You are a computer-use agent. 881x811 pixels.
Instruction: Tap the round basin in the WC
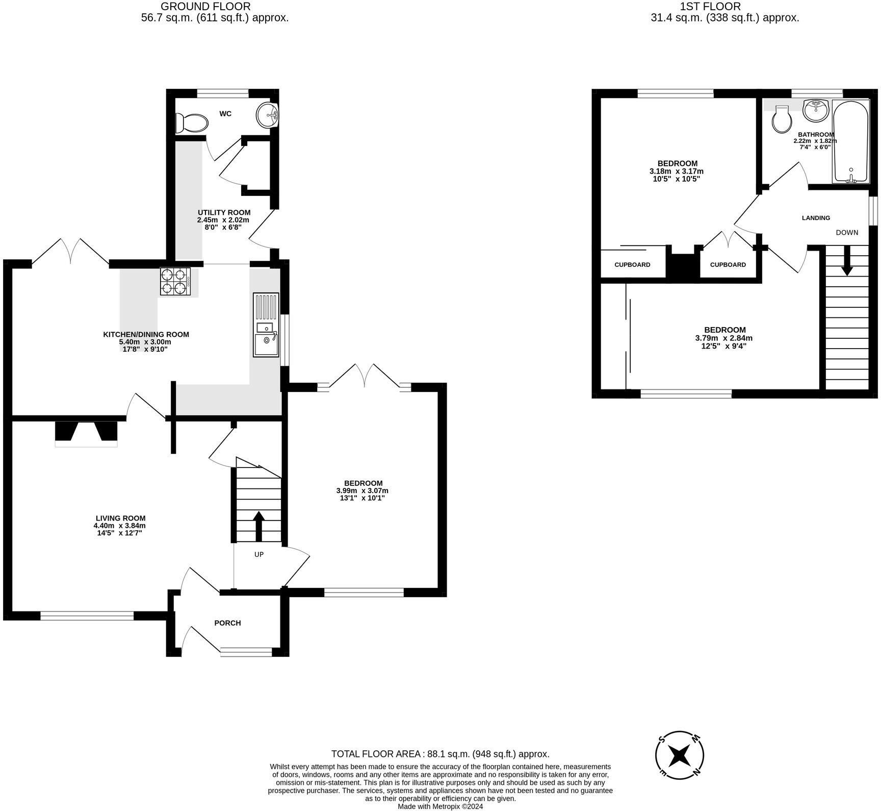(x=267, y=115)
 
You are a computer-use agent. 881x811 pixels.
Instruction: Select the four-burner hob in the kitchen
(x=175, y=282)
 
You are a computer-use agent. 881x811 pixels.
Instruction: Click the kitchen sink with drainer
(x=266, y=325)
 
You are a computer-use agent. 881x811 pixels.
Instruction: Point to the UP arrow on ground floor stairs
(x=258, y=526)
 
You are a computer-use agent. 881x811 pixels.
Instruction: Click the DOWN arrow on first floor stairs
(x=847, y=261)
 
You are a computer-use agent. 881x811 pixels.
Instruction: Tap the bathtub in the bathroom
(x=850, y=141)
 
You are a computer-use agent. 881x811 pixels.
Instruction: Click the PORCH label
(x=227, y=623)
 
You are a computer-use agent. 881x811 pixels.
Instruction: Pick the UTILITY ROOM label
(x=224, y=212)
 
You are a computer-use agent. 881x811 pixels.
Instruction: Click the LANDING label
(x=816, y=218)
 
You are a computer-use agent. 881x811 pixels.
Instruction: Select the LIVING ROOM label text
(x=120, y=518)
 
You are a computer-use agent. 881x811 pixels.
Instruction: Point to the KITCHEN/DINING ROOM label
(x=146, y=335)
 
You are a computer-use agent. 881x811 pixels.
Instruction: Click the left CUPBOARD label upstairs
(x=632, y=265)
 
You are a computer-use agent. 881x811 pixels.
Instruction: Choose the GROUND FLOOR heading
(x=205, y=7)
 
